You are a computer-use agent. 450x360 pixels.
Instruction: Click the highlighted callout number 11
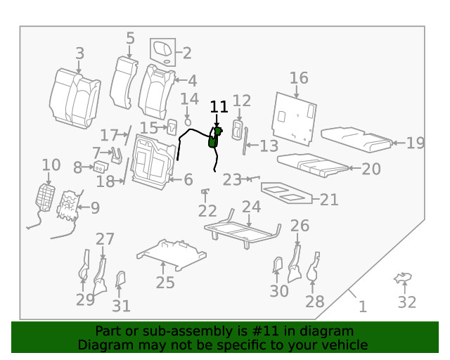(x=219, y=107)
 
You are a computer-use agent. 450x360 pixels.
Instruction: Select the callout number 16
(x=299, y=77)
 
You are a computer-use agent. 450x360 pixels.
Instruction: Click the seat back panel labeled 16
(x=295, y=115)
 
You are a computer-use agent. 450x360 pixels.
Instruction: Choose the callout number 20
(x=371, y=169)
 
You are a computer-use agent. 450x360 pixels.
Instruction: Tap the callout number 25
(x=165, y=283)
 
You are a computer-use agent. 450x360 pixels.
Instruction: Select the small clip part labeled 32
(x=402, y=279)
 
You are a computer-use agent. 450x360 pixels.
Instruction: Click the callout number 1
(x=363, y=307)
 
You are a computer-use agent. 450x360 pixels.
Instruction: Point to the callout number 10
(x=51, y=165)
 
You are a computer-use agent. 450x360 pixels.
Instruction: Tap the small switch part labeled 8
(x=100, y=167)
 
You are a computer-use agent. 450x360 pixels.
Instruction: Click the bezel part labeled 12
(x=238, y=131)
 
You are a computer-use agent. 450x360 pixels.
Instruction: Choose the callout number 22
(x=207, y=211)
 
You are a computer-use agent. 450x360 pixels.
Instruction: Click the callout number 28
(x=314, y=302)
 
